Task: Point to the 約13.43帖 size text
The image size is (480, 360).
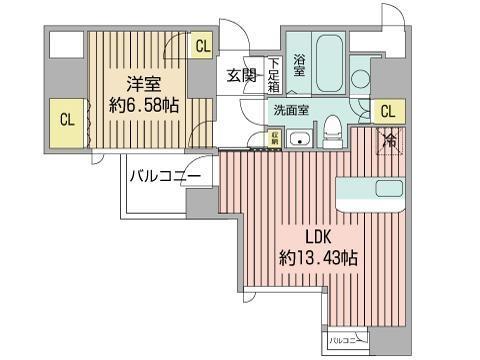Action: click(319, 257)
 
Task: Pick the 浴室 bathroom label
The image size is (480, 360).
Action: click(298, 58)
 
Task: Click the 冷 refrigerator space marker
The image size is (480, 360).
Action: click(390, 142)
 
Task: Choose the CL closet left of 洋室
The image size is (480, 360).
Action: click(67, 120)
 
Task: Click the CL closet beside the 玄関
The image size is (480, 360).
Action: click(203, 45)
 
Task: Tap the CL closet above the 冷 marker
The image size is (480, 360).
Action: click(388, 111)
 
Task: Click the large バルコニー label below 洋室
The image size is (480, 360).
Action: click(164, 179)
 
